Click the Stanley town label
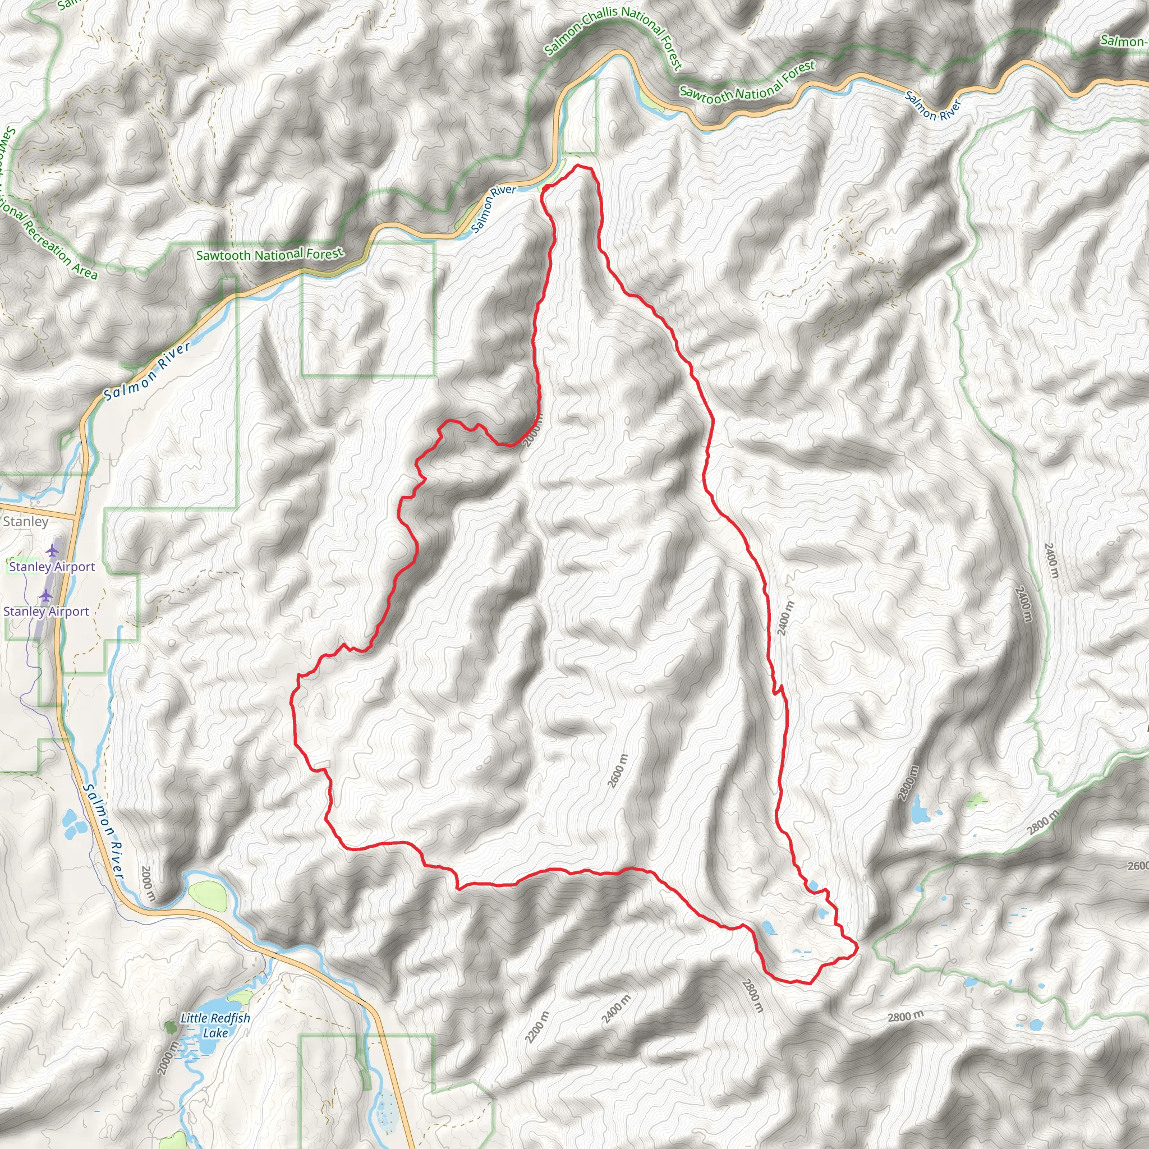pos(26,522)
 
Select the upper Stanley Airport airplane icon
pos(53,551)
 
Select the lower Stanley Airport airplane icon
pos(46,596)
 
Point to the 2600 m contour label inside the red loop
pos(618,771)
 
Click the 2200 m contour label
pos(537,1027)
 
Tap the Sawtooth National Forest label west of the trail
pos(269,255)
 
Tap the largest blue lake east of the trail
pos(920,810)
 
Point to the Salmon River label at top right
pos(933,106)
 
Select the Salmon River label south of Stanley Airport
pos(103,832)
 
